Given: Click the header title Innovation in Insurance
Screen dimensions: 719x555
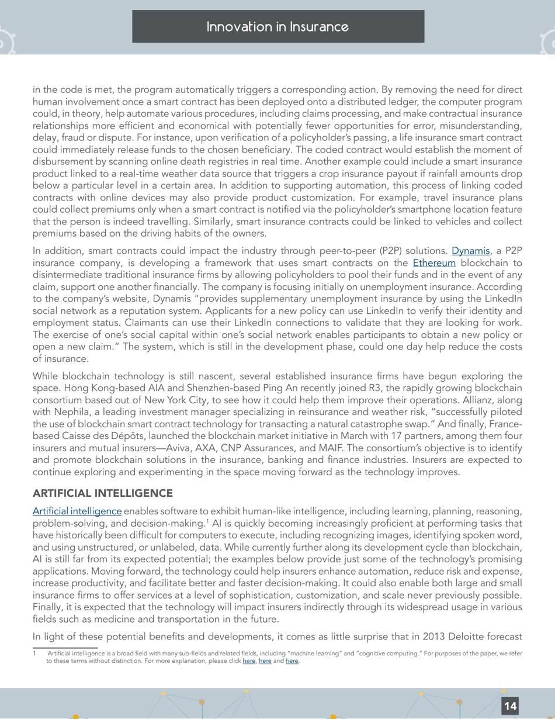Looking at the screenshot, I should [278, 27].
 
